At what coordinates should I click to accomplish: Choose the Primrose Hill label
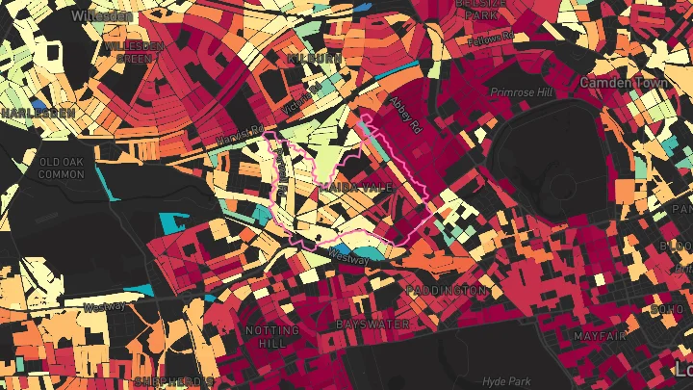[x=524, y=92]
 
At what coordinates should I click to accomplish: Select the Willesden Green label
[x=134, y=51]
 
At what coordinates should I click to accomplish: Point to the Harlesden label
[x=38, y=113]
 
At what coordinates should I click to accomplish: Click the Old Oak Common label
[x=62, y=168]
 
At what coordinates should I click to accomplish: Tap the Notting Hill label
[x=272, y=336]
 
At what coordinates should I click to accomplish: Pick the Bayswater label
[x=372, y=325]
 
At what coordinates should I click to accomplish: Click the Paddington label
[x=446, y=290]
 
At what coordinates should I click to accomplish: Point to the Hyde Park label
[x=506, y=381]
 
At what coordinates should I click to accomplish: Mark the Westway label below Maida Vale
[x=347, y=257]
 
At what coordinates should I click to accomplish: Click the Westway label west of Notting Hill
[x=104, y=307]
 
